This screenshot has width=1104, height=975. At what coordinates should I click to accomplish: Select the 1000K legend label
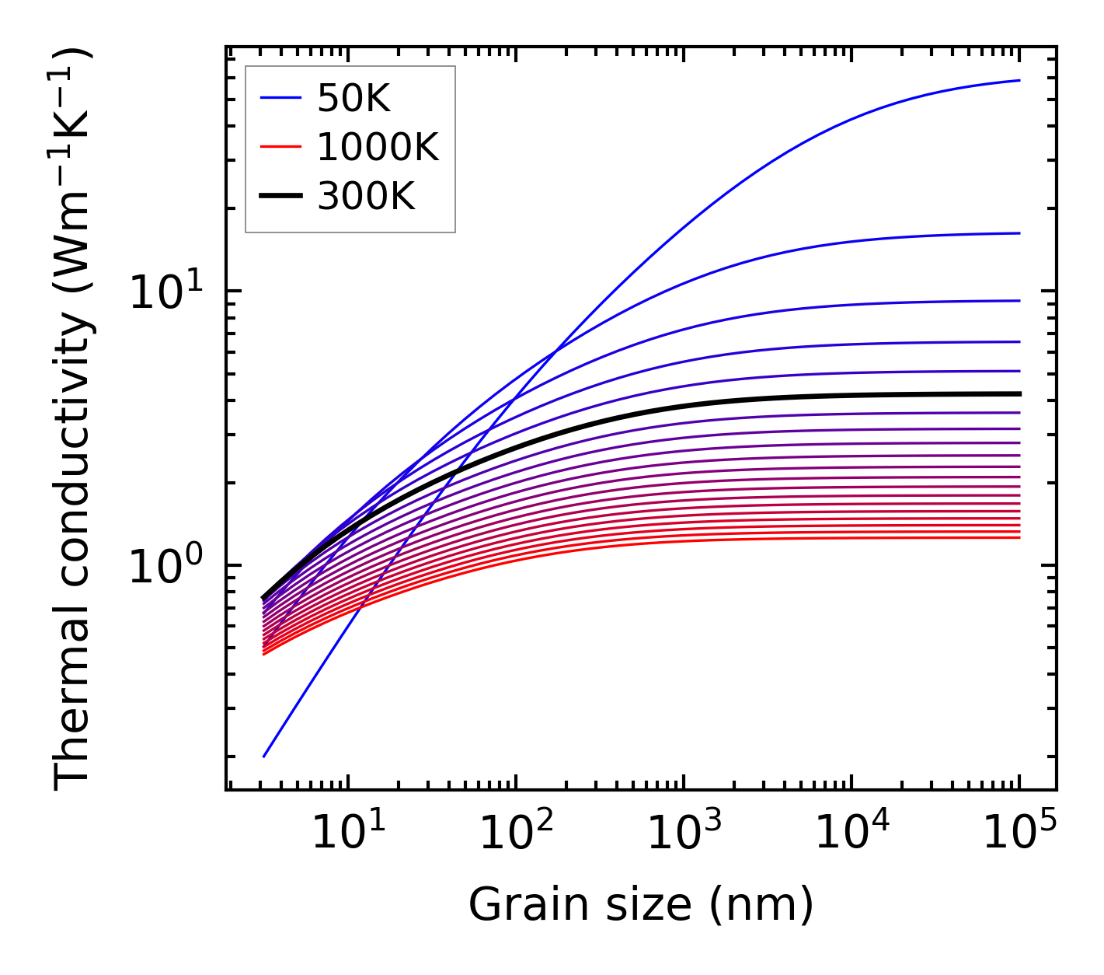click(x=378, y=147)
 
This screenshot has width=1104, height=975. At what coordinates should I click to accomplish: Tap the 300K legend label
click(x=366, y=197)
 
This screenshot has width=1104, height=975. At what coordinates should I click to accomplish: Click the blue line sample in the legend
click(x=280, y=98)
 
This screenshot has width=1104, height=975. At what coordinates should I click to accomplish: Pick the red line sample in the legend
click(x=280, y=147)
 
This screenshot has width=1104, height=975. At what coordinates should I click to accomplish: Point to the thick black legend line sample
click(x=280, y=197)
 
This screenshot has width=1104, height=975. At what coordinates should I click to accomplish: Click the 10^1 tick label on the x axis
click(x=347, y=834)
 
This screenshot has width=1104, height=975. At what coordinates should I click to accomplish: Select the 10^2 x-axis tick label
click(x=514, y=834)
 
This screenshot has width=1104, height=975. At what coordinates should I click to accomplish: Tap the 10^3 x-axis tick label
click(x=683, y=834)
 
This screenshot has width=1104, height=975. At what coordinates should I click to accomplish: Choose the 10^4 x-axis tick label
click(x=851, y=834)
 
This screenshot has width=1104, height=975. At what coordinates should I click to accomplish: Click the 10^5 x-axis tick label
click(x=1019, y=834)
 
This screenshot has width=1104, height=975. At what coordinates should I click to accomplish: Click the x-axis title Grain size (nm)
click(x=641, y=905)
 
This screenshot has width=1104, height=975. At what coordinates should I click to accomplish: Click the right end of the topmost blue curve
click(x=1019, y=80)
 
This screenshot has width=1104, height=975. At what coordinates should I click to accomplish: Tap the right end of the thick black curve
click(x=1019, y=394)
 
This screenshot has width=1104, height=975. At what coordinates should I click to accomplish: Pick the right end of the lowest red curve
click(x=1019, y=537)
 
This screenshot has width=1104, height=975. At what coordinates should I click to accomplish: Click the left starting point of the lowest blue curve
click(x=264, y=757)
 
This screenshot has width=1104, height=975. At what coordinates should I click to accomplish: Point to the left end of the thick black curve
click(x=264, y=598)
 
